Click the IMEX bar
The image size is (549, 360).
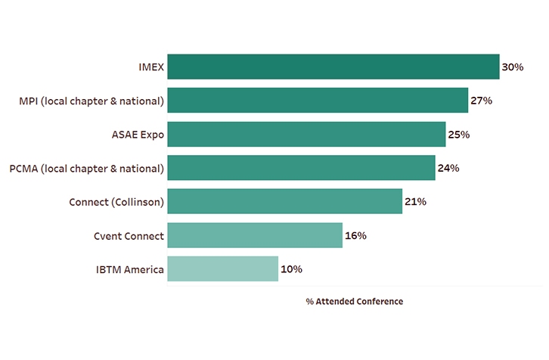[333, 67]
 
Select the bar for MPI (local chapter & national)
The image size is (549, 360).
[318, 101]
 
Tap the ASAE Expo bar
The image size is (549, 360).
[306, 134]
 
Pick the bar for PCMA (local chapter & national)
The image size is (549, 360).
[301, 168]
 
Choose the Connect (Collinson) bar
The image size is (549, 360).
[284, 202]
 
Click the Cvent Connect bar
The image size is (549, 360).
[255, 235]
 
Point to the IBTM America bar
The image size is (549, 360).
[222, 269]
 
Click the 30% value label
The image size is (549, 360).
[513, 67]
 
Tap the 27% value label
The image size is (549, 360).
[481, 101]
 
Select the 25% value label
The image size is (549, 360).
[458, 135]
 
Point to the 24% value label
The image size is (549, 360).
[448, 168]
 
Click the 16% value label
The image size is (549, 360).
[355, 236]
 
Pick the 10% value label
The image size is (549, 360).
[291, 269]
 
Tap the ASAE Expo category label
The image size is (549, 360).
[138, 135]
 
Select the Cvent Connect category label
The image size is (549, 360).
[124, 236]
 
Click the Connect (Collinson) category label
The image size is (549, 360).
[116, 202]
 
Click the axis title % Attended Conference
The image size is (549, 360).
[354, 301]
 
